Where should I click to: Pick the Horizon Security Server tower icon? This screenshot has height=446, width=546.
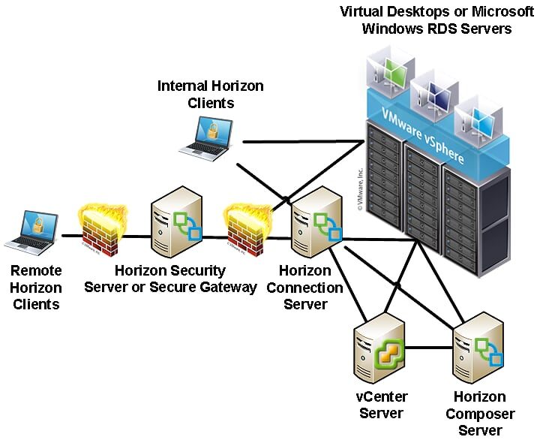tap(177, 221)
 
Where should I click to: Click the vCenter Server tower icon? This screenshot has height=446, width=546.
tap(380, 349)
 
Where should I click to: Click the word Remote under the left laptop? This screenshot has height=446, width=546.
tap(37, 271)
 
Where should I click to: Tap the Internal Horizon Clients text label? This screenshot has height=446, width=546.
tap(211, 94)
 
